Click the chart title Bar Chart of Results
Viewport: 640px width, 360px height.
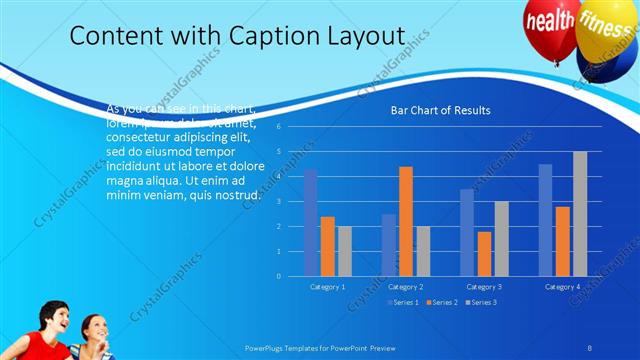point(440,111)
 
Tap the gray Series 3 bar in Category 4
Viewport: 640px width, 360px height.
point(580,214)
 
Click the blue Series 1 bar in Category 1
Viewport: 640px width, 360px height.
point(311,222)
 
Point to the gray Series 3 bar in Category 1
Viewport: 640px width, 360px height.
point(344,251)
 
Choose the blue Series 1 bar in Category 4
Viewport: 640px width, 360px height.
point(545,220)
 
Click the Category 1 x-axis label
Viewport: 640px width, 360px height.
point(327,287)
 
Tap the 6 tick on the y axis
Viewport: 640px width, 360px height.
point(292,127)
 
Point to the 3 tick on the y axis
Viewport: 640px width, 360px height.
point(292,201)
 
